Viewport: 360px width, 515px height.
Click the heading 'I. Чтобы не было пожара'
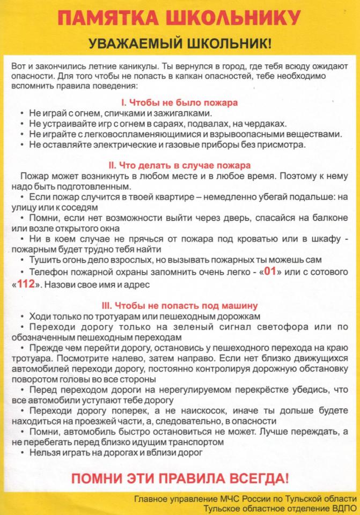coord(179,102)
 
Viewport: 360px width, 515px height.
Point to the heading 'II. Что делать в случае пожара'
coord(179,166)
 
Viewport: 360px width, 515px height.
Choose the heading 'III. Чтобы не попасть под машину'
coord(179,306)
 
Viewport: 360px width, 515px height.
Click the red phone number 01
coord(270,271)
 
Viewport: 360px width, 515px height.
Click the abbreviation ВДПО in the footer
coord(341,509)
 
